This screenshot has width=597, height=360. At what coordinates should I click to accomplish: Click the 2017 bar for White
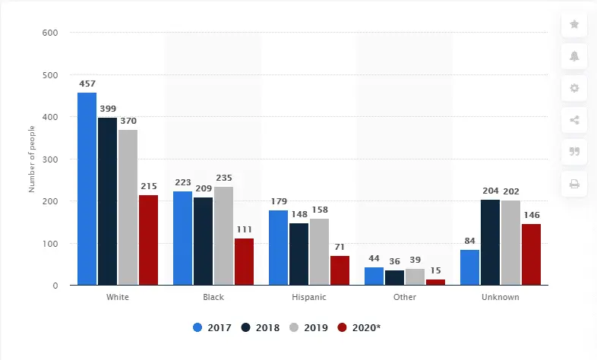click(x=87, y=189)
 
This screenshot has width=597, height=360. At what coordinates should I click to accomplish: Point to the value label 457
click(x=87, y=84)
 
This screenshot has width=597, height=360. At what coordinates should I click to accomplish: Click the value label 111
click(x=244, y=229)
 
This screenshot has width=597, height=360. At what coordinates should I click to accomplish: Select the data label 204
click(x=490, y=191)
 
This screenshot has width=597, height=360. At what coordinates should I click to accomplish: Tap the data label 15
click(x=435, y=270)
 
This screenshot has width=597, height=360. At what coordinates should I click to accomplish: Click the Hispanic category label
click(x=309, y=297)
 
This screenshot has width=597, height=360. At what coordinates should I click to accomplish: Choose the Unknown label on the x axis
click(x=501, y=297)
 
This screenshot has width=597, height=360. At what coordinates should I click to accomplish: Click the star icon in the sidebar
click(x=574, y=24)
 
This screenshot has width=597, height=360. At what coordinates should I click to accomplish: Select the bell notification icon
click(x=574, y=56)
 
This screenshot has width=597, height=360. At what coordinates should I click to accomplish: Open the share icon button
click(x=574, y=120)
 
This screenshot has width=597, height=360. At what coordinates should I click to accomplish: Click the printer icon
click(x=574, y=184)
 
